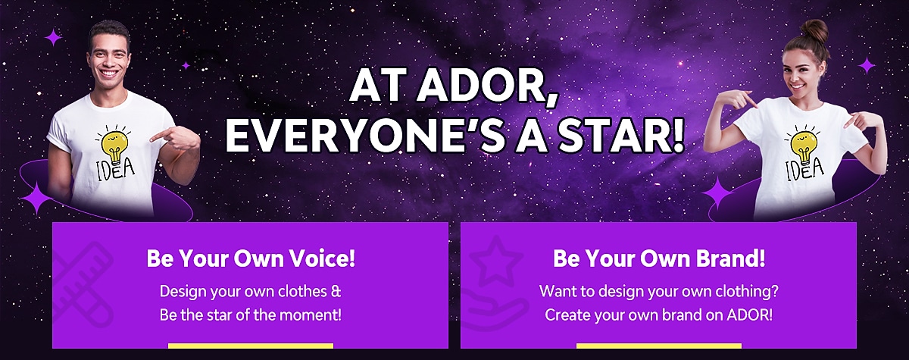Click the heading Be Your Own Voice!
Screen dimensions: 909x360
click(x=251, y=258)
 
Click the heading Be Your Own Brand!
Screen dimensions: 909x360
click(x=659, y=258)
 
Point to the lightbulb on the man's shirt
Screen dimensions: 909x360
click(x=113, y=145)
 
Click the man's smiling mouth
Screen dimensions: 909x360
click(x=110, y=73)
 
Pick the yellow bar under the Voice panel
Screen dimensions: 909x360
click(x=251, y=346)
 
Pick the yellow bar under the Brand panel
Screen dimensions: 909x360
click(x=659, y=346)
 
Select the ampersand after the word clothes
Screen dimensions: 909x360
click(x=336, y=291)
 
